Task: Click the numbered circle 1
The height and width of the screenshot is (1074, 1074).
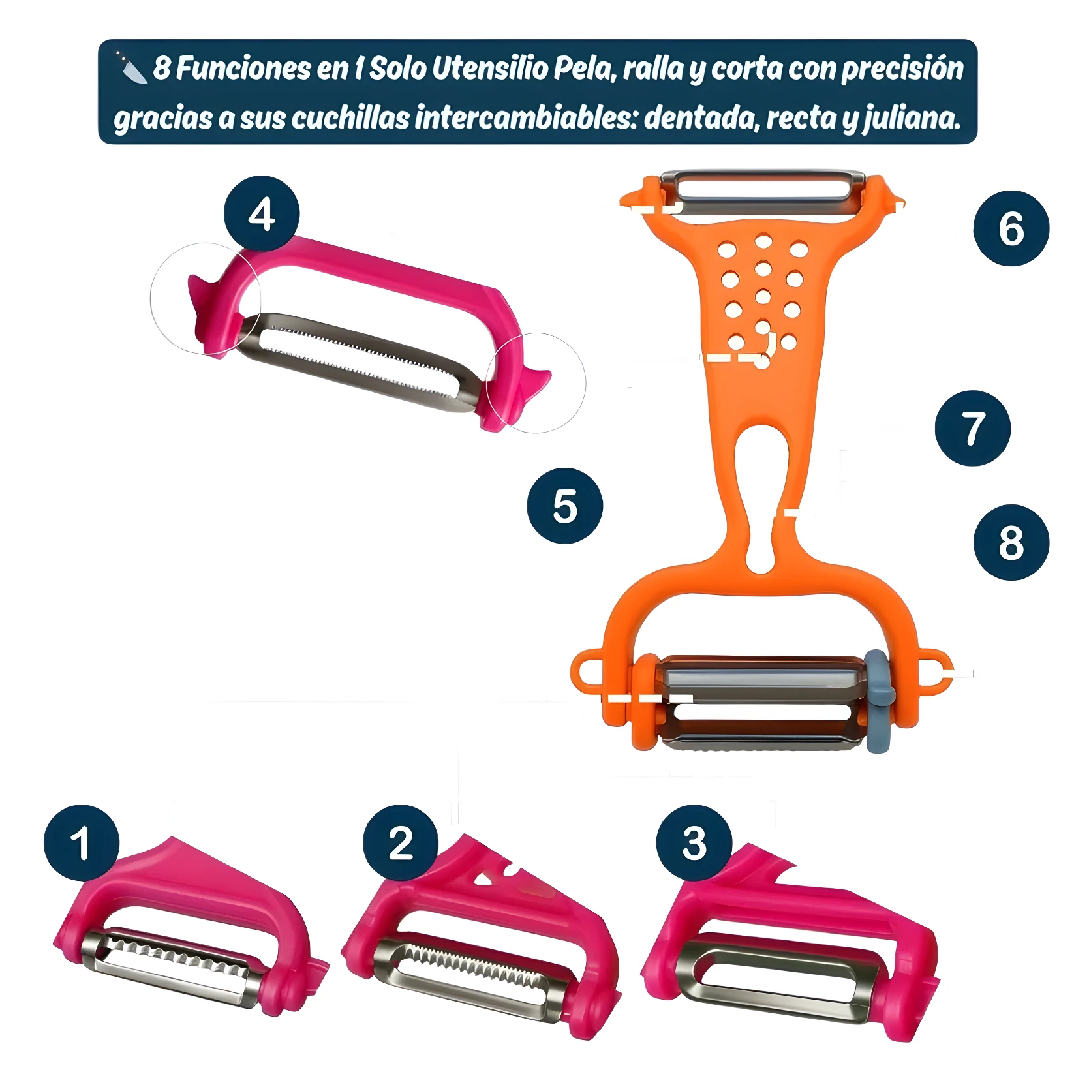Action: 82,842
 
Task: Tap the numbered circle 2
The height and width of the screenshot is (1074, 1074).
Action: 401,842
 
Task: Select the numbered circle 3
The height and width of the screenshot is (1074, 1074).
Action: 694,842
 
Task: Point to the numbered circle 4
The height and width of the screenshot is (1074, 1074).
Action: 261,213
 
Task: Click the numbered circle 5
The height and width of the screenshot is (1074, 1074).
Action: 564,506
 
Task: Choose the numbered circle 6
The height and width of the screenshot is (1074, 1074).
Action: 1011,228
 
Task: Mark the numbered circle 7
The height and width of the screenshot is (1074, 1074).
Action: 972,428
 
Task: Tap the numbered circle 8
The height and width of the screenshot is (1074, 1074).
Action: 1011,542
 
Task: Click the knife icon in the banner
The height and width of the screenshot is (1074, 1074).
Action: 131,67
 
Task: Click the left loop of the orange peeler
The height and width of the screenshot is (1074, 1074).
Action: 587,671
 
